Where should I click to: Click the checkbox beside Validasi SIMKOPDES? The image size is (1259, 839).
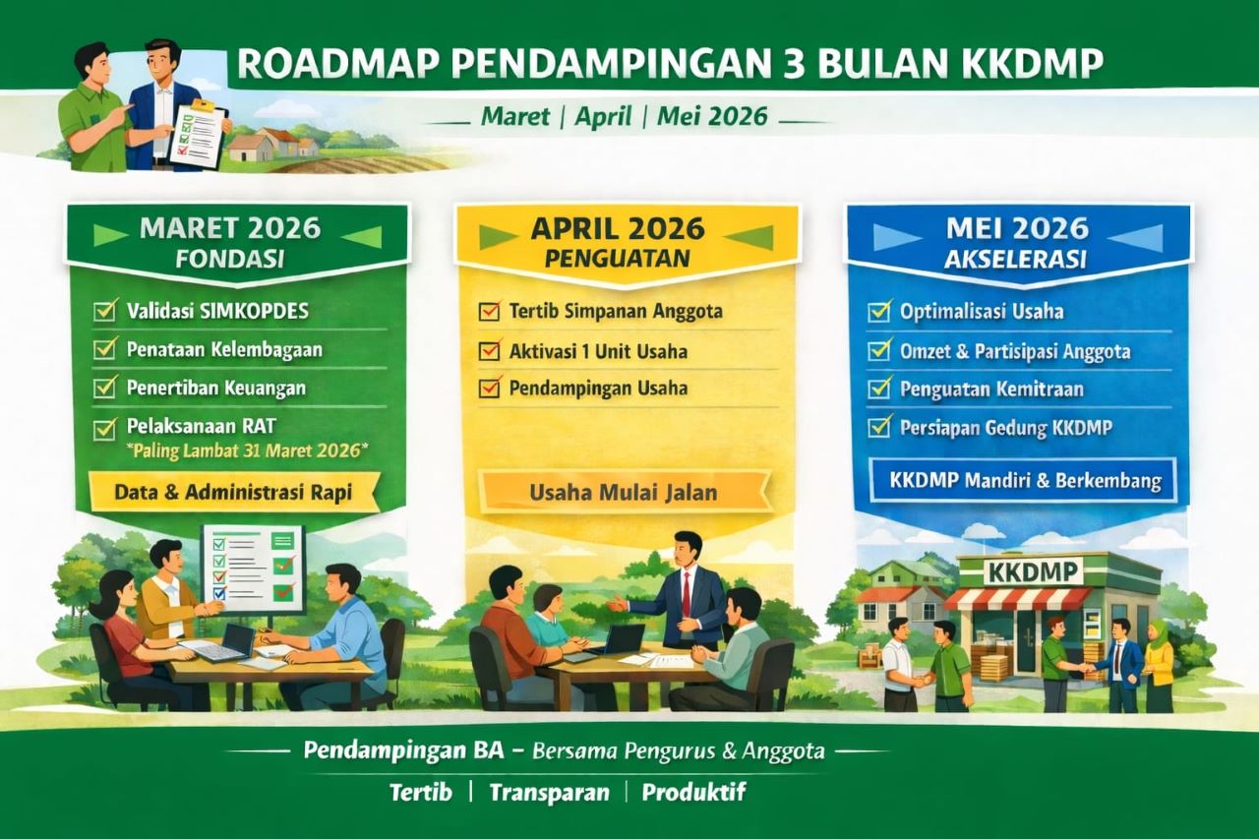[x=105, y=312]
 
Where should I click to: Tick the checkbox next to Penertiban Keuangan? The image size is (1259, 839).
[x=105, y=388]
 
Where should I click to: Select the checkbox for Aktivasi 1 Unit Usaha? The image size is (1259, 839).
[x=489, y=351]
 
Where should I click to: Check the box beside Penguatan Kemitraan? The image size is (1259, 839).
[x=878, y=390]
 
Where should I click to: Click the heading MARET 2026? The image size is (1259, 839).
[x=230, y=228]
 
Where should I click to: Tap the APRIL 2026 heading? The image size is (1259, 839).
[x=618, y=228]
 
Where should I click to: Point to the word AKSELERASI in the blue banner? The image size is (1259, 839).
[x=1020, y=260]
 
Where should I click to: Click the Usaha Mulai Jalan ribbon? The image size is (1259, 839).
[x=623, y=492]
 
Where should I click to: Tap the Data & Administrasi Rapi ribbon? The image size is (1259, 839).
[x=233, y=491]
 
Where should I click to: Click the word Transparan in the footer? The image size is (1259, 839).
[x=549, y=792]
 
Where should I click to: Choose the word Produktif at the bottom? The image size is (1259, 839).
[x=693, y=792]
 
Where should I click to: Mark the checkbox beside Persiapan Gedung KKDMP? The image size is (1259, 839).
[x=878, y=428]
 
